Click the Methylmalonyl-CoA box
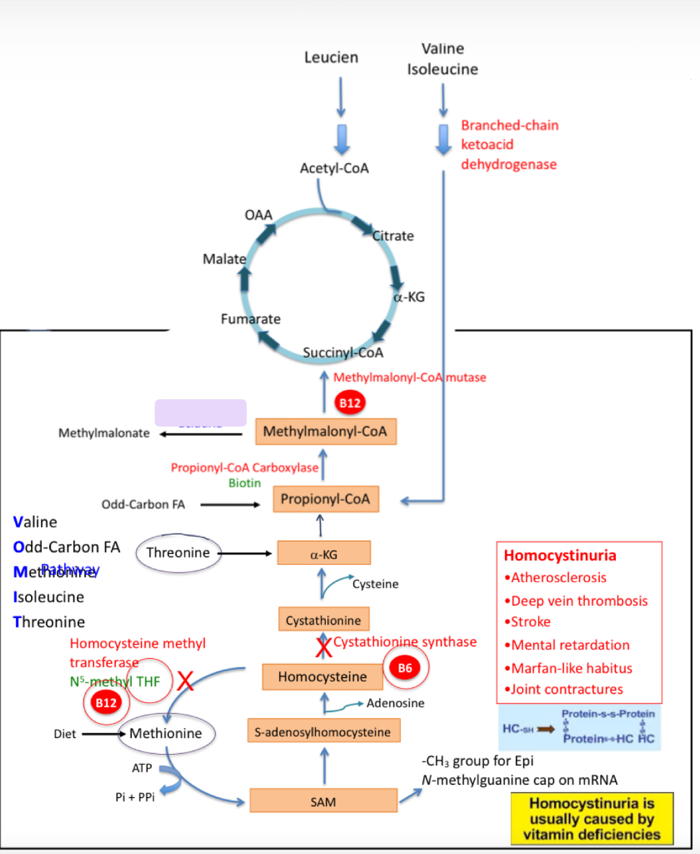pyautogui.click(x=326, y=432)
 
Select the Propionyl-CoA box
pyautogui.click(x=325, y=499)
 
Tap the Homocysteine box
pyautogui.click(x=322, y=676)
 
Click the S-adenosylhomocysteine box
pyautogui.click(x=323, y=732)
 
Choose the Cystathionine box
pyautogui.click(x=323, y=620)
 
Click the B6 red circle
pyautogui.click(x=405, y=668)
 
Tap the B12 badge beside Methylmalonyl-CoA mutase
pyautogui.click(x=350, y=403)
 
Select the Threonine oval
pyautogui.click(x=178, y=553)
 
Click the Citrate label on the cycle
pyautogui.click(x=393, y=236)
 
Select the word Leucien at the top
pyautogui.click(x=331, y=58)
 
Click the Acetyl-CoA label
pyautogui.click(x=334, y=168)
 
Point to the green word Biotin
pyautogui.click(x=245, y=483)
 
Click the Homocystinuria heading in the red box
pyautogui.click(x=560, y=555)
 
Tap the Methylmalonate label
pyautogui.click(x=104, y=433)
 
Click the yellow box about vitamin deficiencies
pyautogui.click(x=591, y=819)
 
